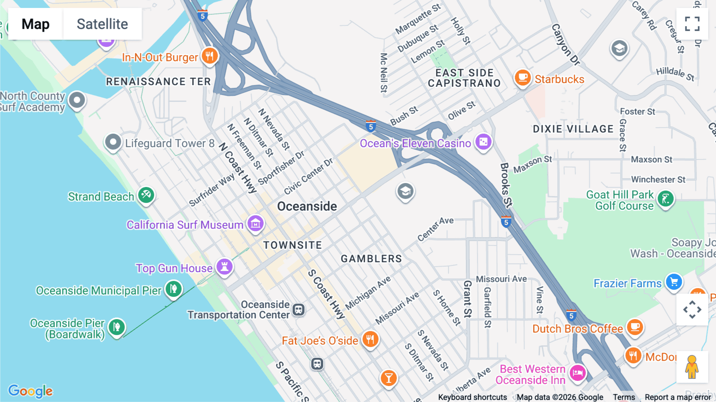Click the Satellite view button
click(102, 24)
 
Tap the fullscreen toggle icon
click(692, 24)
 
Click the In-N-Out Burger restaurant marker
click(210, 56)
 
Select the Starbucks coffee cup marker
click(523, 77)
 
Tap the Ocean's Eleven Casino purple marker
click(483, 142)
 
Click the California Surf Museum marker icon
click(255, 224)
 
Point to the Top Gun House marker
click(224, 267)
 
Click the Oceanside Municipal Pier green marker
click(174, 289)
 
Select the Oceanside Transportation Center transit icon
click(299, 310)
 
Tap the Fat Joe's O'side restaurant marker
click(370, 340)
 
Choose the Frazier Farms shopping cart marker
click(674, 282)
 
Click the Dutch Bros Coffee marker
click(635, 327)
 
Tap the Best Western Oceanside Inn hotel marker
click(578, 373)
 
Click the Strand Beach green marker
click(146, 195)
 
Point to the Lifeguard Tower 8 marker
click(113, 142)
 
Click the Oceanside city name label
click(307, 206)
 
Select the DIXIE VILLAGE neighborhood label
click(573, 129)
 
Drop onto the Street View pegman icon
click(692, 367)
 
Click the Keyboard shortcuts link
click(472, 397)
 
